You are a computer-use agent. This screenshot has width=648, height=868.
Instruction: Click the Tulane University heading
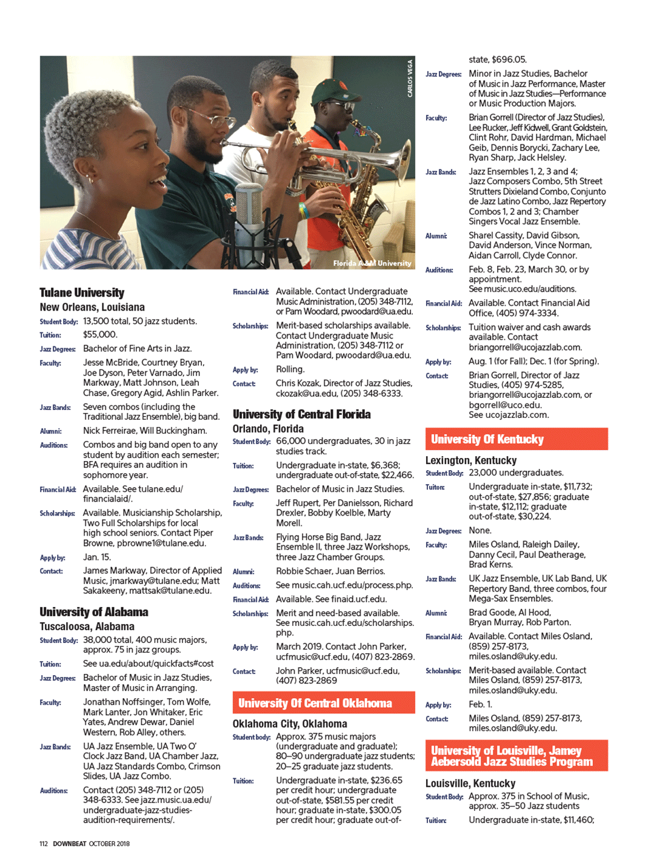pos(82,292)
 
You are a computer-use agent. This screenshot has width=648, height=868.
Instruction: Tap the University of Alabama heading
pos(94,611)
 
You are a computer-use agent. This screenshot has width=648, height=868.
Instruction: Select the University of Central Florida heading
pos(302,414)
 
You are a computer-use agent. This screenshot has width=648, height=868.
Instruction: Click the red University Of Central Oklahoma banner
pos(324,703)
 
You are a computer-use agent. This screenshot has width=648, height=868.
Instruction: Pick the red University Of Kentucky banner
pos(516,439)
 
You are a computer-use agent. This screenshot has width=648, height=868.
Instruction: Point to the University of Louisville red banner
pos(516,756)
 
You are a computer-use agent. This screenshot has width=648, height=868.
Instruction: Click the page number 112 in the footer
pos(44,844)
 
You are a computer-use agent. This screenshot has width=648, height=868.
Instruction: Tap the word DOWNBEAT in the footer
pos(69,844)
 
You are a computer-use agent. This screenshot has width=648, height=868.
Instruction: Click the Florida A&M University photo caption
pos(372,263)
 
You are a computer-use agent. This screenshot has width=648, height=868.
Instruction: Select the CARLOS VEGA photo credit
pos(410,78)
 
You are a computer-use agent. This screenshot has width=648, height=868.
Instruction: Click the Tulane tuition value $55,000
pos(100,335)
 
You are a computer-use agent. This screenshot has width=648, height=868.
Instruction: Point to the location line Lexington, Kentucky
pos(471,460)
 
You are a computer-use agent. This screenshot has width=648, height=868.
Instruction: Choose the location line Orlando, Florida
pos(268,429)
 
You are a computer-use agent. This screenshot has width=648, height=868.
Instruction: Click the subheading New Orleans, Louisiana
pos(92,308)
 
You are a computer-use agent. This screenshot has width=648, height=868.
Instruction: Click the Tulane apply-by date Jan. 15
pos(97,557)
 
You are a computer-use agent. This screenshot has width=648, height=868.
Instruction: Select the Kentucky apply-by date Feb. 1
pos(480,704)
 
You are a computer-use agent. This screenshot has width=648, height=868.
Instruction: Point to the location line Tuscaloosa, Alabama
pos(87,626)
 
